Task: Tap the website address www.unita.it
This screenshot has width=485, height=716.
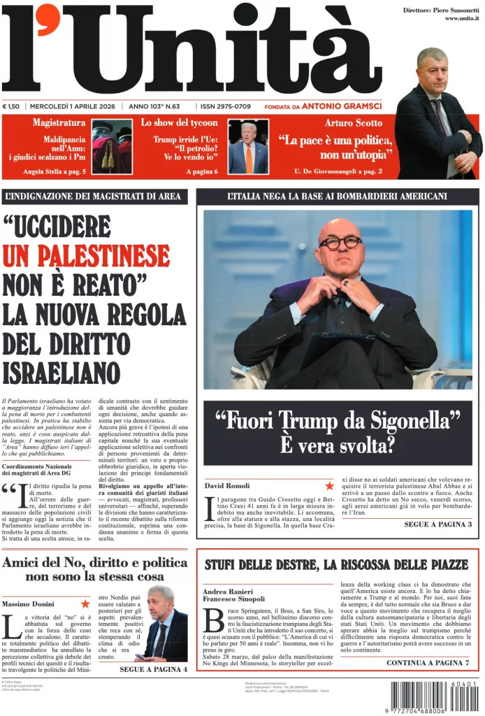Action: [462, 18]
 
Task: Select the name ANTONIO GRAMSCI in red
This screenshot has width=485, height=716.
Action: [342, 106]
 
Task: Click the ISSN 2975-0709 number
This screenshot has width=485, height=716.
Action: [225, 106]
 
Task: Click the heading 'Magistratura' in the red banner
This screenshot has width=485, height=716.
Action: [59, 123]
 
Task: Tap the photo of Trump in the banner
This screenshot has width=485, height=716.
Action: [248, 148]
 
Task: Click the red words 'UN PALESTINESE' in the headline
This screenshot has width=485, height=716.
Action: [86, 256]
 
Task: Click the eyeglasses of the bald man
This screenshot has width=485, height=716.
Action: [340, 243]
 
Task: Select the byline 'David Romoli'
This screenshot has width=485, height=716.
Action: [227, 485]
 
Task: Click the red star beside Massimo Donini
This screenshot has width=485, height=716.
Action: [85, 603]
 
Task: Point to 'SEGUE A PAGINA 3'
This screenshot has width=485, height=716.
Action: [437, 524]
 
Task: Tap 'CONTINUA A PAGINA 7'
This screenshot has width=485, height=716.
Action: [427, 662]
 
